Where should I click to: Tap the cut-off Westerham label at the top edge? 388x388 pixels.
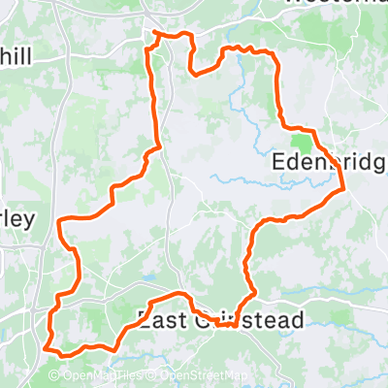(335, 4)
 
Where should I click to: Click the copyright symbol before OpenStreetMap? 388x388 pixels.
(153, 376)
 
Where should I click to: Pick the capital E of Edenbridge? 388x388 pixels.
(280, 161)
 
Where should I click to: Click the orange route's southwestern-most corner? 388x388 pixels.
(46, 344)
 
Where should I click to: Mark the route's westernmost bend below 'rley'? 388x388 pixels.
(60, 222)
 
